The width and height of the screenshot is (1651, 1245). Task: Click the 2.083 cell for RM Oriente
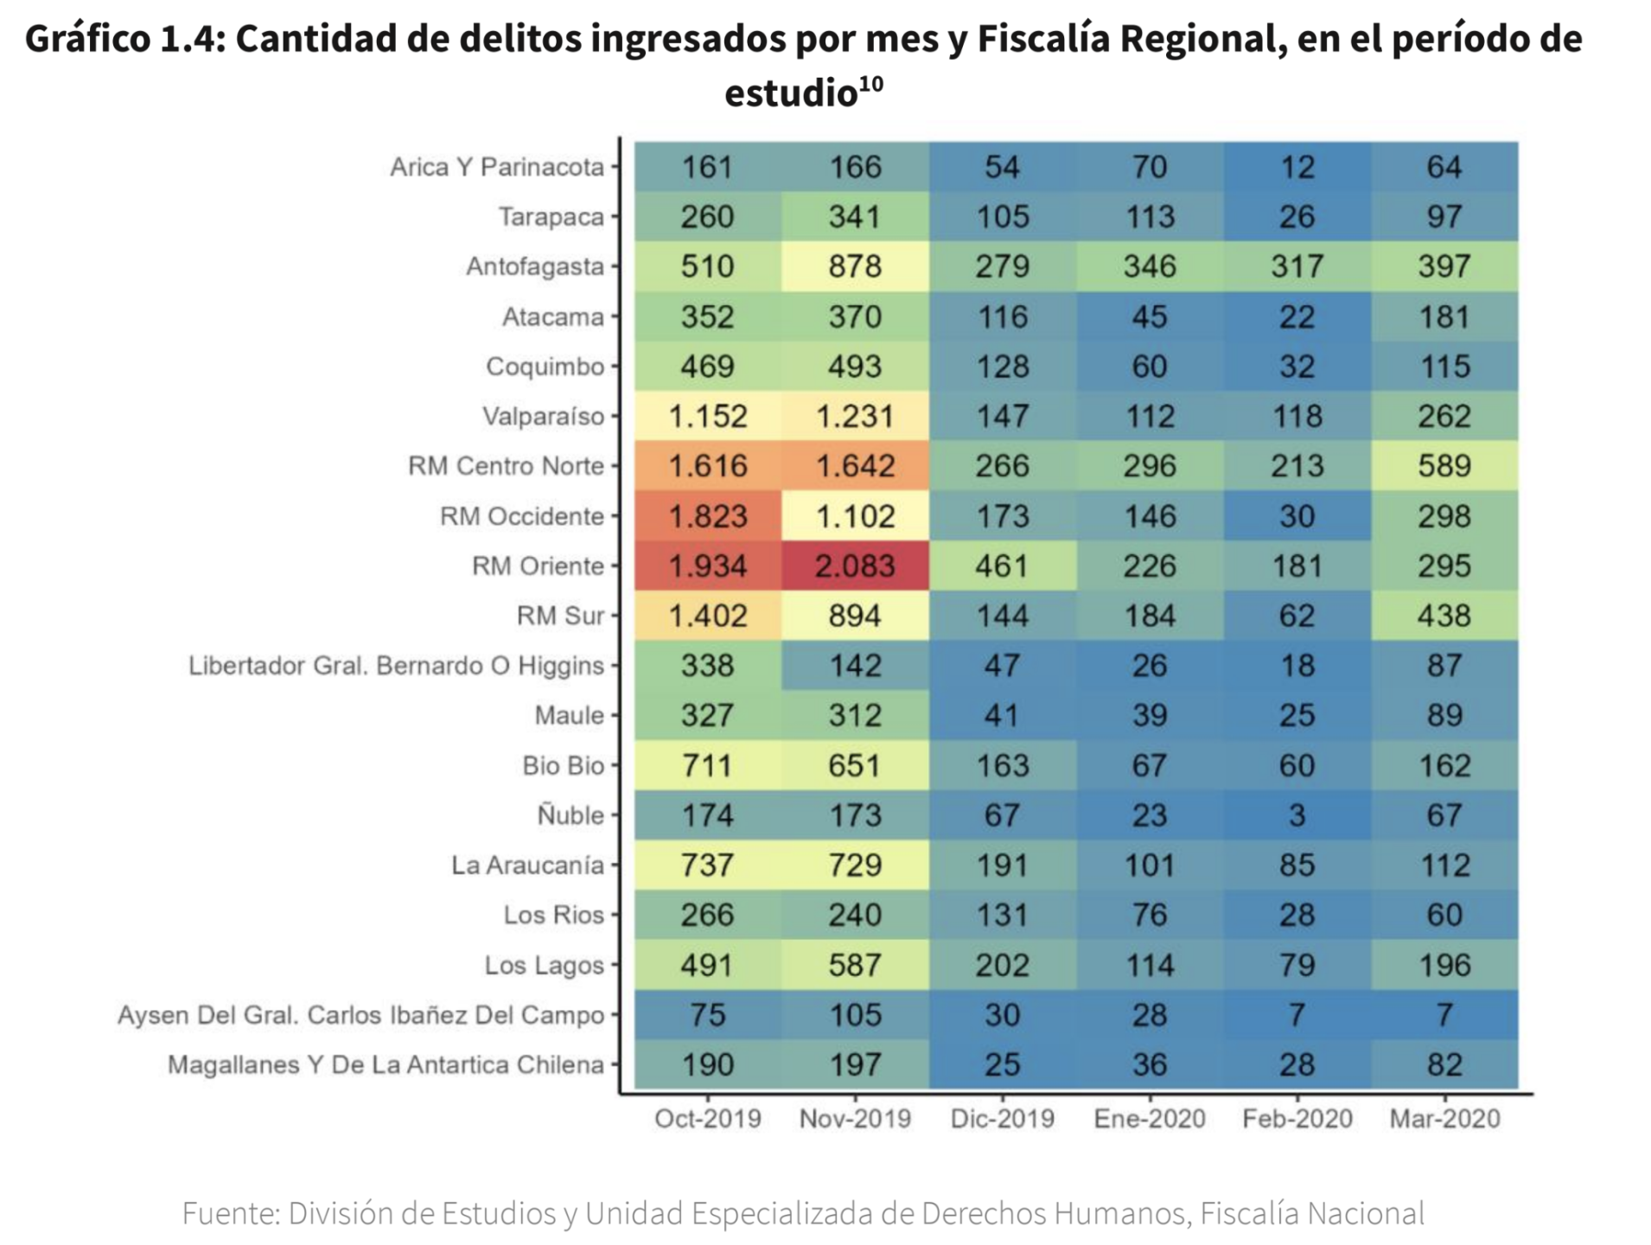855,566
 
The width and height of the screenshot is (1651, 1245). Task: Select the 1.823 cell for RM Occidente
707,516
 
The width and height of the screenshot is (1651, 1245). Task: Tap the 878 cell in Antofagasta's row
855,266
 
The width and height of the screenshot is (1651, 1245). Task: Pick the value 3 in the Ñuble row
1297,815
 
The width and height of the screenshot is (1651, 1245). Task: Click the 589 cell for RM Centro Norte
1444,466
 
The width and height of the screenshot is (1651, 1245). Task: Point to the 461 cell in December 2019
1002,566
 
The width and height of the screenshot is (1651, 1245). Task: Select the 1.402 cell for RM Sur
707,616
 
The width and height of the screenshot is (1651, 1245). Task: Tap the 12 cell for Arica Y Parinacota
1297,167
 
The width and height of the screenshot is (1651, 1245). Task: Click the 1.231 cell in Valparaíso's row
855,417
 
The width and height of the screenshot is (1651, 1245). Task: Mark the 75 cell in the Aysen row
707,1015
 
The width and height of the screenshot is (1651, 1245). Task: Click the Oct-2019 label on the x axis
707,1119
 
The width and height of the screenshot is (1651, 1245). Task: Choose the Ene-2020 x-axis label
1149,1119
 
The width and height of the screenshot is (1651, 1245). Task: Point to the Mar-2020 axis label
1444,1119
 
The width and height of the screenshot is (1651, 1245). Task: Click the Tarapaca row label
551,217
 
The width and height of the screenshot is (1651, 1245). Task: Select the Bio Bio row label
563,766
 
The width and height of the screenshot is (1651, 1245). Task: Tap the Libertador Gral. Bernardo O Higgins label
396,666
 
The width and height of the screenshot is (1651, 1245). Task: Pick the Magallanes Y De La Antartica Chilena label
386,1065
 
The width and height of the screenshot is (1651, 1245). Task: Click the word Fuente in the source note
230,1214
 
